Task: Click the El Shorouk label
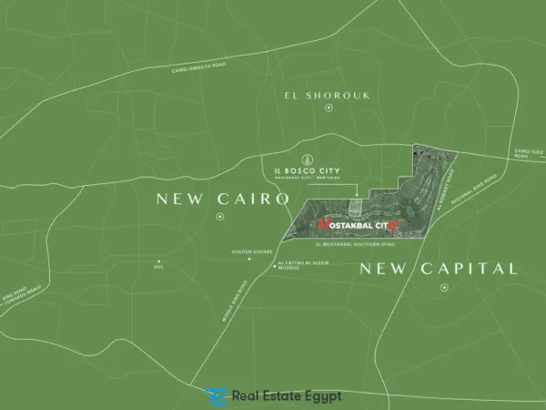[x=329, y=94]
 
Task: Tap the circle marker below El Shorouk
[x=329, y=108]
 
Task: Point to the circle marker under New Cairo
[x=220, y=217]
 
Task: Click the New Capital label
[x=439, y=268]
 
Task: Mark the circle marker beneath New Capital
[x=444, y=288]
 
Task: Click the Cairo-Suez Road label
[x=527, y=154]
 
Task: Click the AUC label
[x=158, y=268]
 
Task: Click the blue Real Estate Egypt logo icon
[x=216, y=396]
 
